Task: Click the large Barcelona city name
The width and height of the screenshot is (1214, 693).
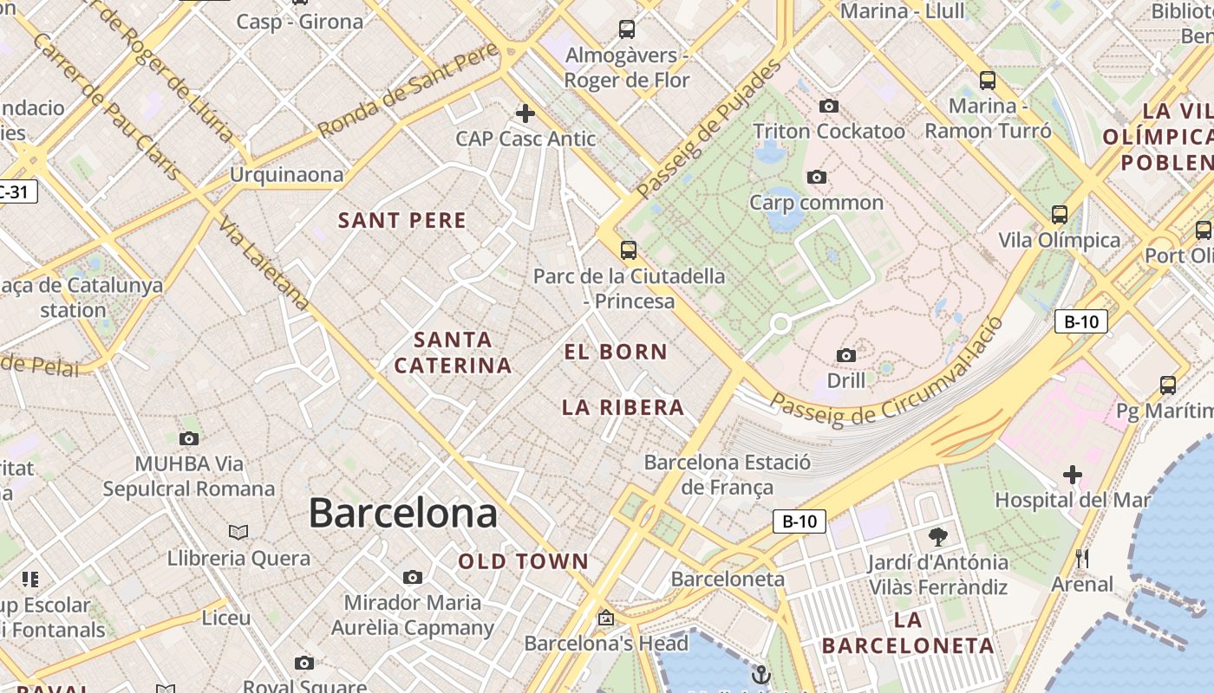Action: (x=403, y=513)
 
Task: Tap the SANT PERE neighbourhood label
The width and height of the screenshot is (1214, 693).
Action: (x=402, y=220)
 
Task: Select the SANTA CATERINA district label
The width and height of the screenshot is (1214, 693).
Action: (x=453, y=353)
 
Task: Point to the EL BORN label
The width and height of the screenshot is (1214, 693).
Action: (x=616, y=352)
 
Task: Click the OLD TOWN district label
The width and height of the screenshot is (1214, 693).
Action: (x=524, y=561)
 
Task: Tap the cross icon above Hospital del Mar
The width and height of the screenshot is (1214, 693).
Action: (x=1073, y=475)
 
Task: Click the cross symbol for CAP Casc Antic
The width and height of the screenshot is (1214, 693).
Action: (x=525, y=113)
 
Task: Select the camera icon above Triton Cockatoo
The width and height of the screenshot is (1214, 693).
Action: (x=829, y=106)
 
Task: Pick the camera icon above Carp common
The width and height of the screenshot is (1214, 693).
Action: (x=816, y=177)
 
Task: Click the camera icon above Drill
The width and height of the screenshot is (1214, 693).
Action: (x=846, y=355)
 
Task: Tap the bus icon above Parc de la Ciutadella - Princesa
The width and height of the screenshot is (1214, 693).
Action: (x=629, y=250)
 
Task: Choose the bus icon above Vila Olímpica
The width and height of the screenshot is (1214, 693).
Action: (x=1059, y=214)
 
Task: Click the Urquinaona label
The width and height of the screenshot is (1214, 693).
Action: (x=286, y=175)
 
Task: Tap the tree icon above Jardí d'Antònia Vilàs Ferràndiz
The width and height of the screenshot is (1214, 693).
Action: (x=937, y=536)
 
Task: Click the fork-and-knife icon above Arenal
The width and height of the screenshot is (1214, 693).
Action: (x=1081, y=559)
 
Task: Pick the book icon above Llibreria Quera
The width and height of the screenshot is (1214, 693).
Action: (x=238, y=532)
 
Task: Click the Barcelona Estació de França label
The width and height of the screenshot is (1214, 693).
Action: (x=727, y=474)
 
